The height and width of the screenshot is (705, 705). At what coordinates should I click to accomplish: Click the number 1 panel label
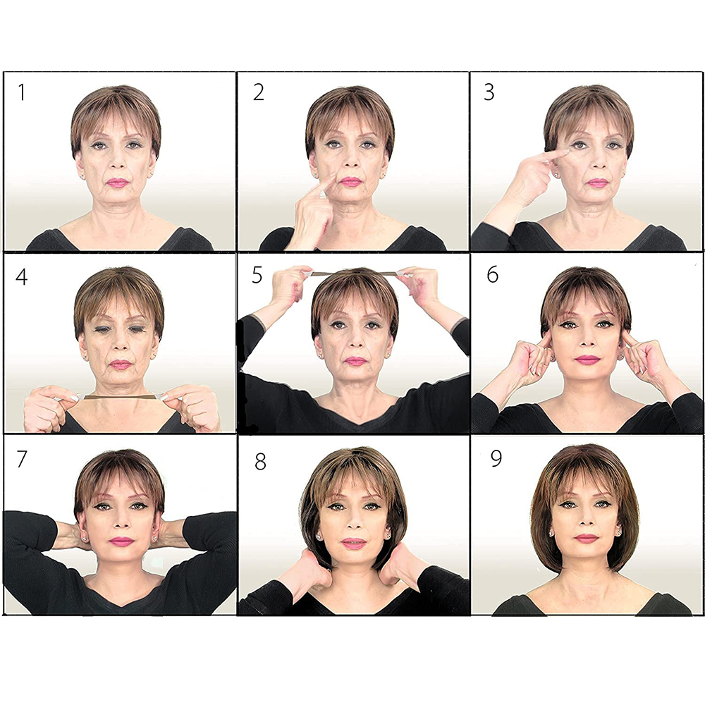tap(21, 92)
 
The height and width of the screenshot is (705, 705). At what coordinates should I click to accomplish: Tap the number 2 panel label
tap(259, 92)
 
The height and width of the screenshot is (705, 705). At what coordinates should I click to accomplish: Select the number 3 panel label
tap(489, 92)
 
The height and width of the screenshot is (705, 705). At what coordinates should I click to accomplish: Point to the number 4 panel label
tap(22, 276)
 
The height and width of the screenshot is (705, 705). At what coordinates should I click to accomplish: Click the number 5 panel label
tap(257, 275)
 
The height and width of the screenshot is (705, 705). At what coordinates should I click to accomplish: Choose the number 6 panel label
tap(493, 274)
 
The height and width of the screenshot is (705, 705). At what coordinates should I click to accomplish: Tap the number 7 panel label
tap(22, 459)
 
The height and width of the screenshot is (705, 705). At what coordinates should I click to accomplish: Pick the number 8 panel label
tap(260, 462)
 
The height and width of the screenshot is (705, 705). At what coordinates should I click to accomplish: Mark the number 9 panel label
tap(496, 459)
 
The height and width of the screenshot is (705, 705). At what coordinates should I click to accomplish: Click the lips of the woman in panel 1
tap(117, 183)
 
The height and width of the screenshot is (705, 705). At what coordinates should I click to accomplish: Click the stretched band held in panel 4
tap(120, 397)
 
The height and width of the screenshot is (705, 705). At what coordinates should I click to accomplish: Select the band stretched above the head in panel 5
tap(352, 273)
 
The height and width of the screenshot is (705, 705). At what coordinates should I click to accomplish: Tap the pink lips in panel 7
tap(121, 541)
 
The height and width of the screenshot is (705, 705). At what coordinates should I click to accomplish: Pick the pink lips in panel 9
tap(587, 538)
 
